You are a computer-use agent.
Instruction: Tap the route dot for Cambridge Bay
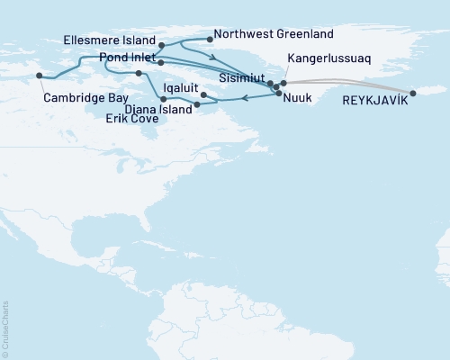pyautogui.click(x=39, y=76)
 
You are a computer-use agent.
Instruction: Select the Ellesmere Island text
pyautogui.click(x=110, y=40)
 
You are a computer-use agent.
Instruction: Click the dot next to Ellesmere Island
pyautogui.click(x=161, y=45)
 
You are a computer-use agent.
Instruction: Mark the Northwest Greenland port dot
pyautogui.click(x=209, y=39)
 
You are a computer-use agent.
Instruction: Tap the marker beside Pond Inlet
pyautogui.click(x=159, y=63)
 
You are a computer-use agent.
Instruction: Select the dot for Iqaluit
pyautogui.click(x=203, y=94)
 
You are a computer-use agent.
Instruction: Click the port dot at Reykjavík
pyautogui.click(x=413, y=93)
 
